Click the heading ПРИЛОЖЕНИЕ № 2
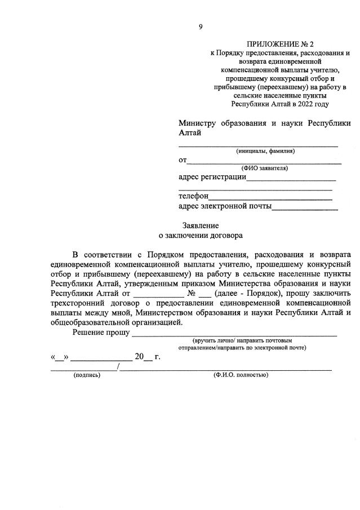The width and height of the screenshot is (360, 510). click(x=280, y=44)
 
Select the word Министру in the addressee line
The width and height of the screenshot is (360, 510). click(x=197, y=123)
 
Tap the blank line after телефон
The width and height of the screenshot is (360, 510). click(x=270, y=197)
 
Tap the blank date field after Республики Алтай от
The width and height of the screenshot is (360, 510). click(x=158, y=295)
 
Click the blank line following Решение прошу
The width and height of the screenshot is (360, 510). click(x=234, y=334)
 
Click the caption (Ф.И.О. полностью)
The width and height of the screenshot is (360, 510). click(x=241, y=375)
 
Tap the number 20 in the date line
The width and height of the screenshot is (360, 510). click(x=139, y=356)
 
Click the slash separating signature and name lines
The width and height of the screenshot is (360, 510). click(x=118, y=367)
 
